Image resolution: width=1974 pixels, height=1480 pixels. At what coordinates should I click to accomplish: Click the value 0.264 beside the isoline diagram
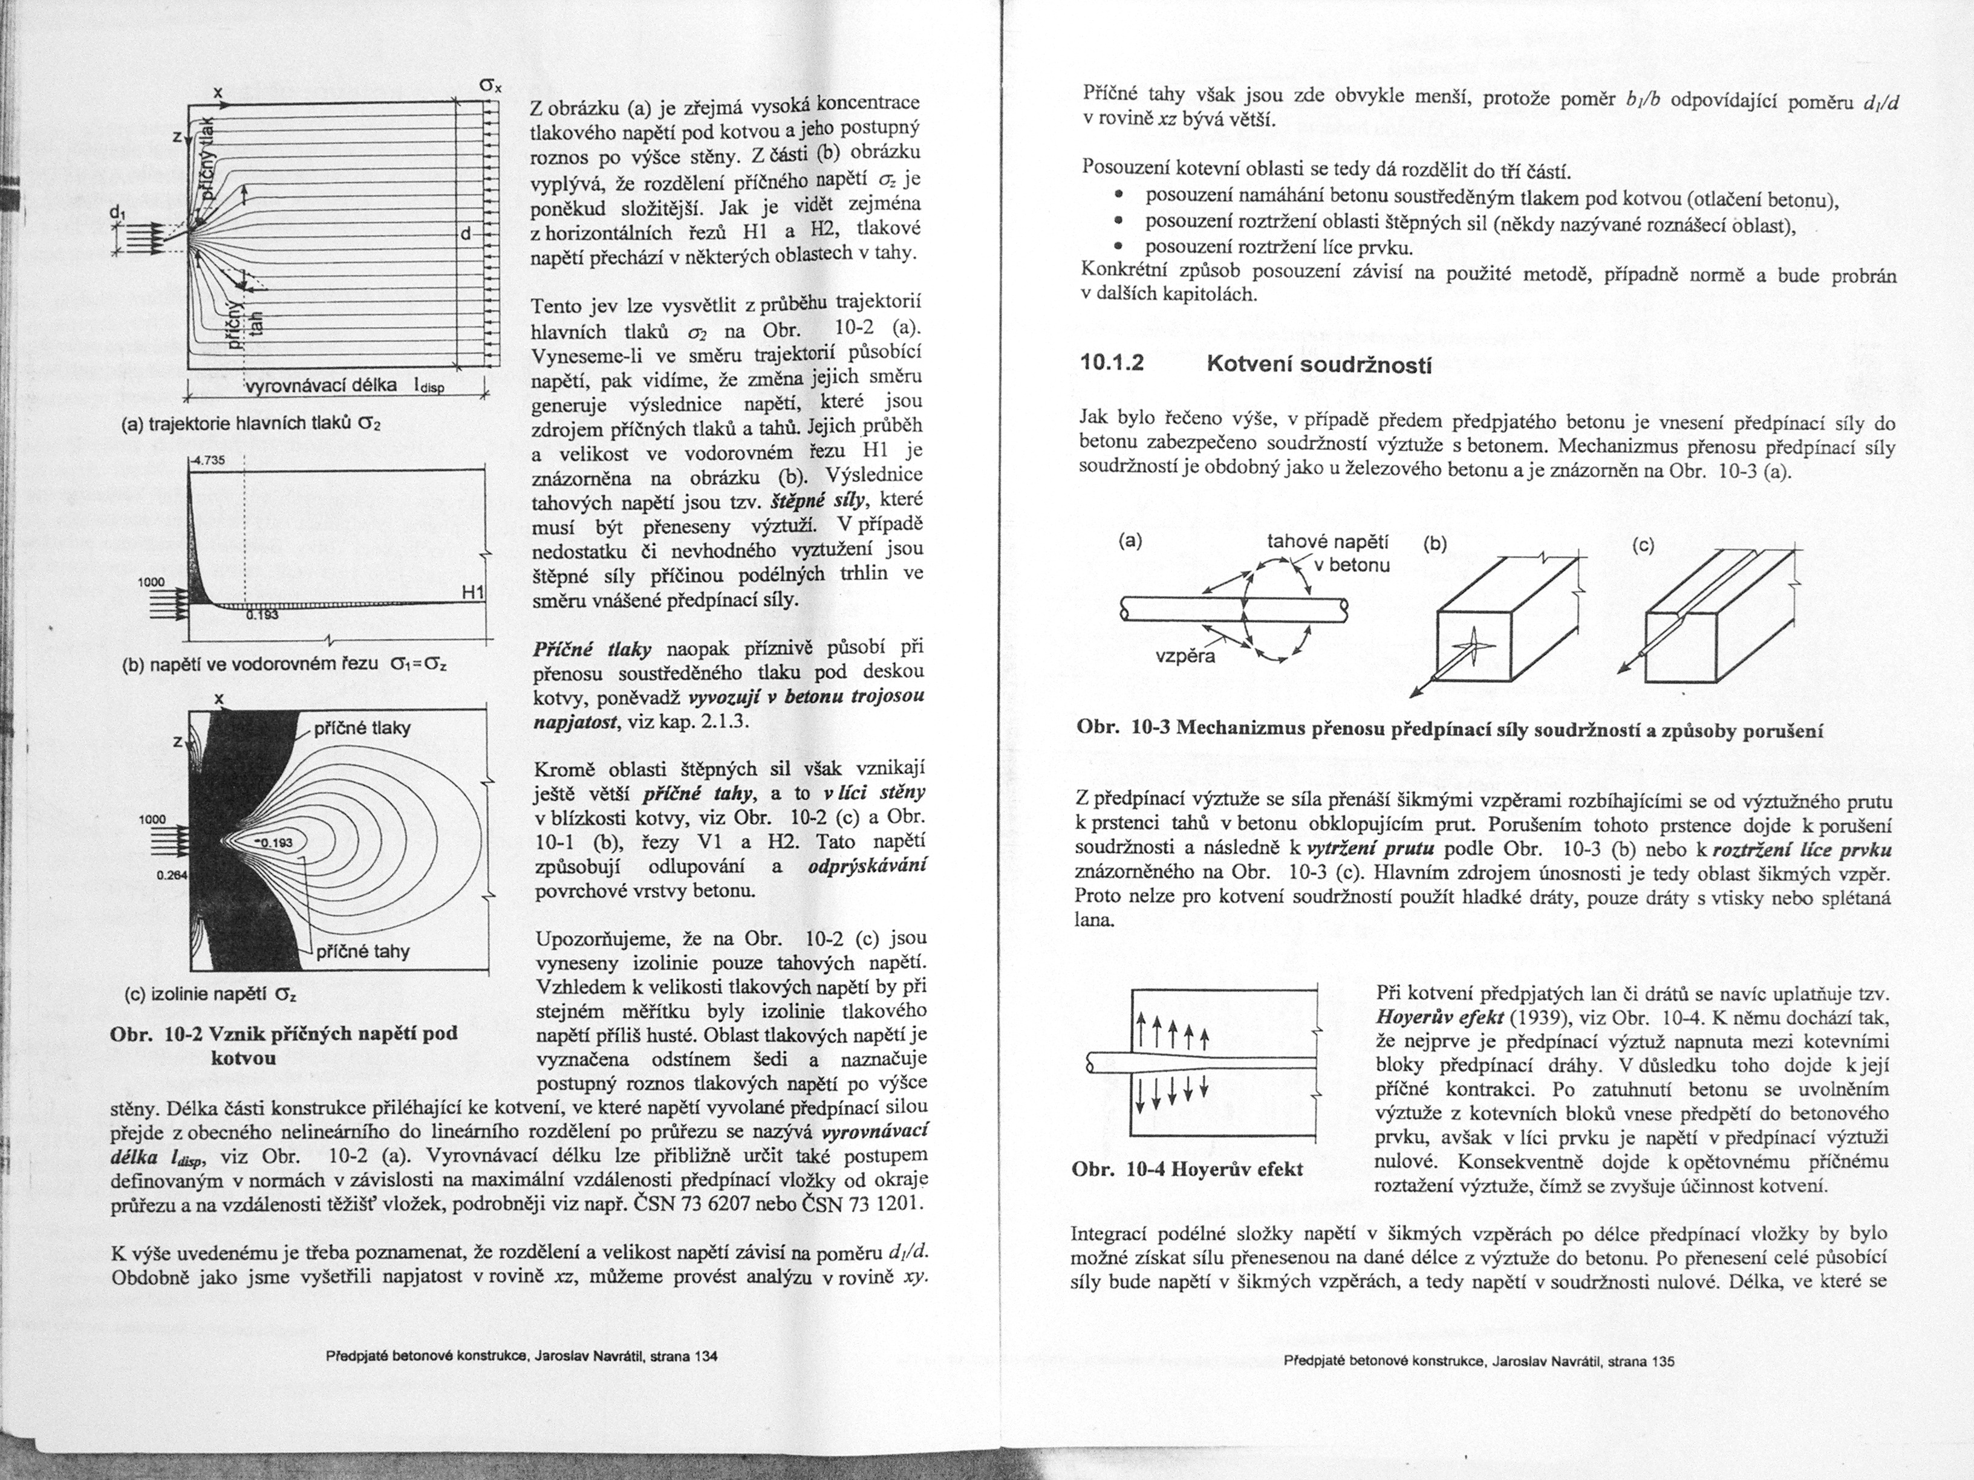click(169, 875)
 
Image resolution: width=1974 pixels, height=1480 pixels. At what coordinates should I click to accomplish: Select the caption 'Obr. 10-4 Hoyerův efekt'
click(1187, 1169)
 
